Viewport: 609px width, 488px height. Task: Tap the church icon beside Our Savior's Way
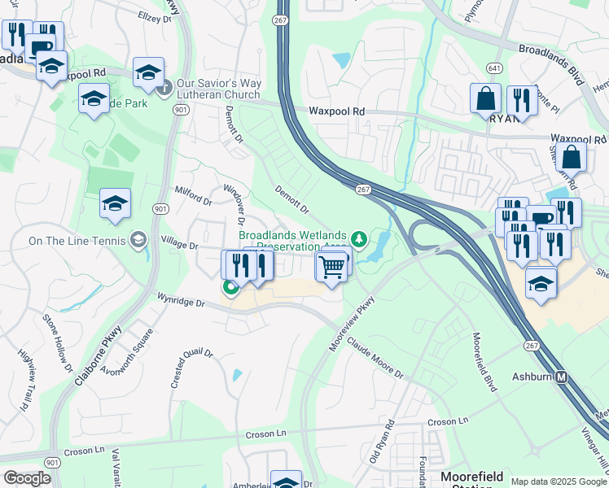tap(165, 87)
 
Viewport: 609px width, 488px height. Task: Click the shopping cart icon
tap(331, 266)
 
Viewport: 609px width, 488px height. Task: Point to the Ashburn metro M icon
tap(562, 377)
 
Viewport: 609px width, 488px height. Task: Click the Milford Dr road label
tap(193, 194)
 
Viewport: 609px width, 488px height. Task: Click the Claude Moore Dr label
tap(375, 357)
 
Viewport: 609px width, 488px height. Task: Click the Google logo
tap(27, 478)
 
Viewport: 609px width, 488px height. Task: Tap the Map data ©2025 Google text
tap(559, 481)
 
